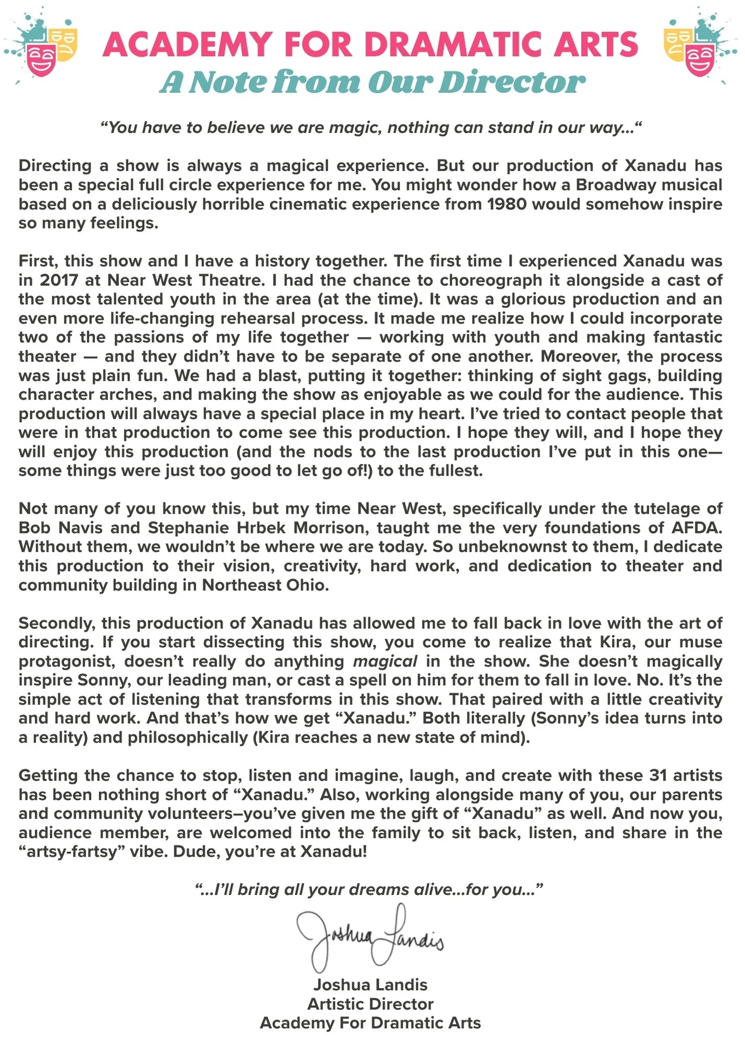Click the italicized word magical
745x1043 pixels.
pyautogui.click(x=385, y=661)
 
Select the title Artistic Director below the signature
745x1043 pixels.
pyautogui.click(x=370, y=1004)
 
